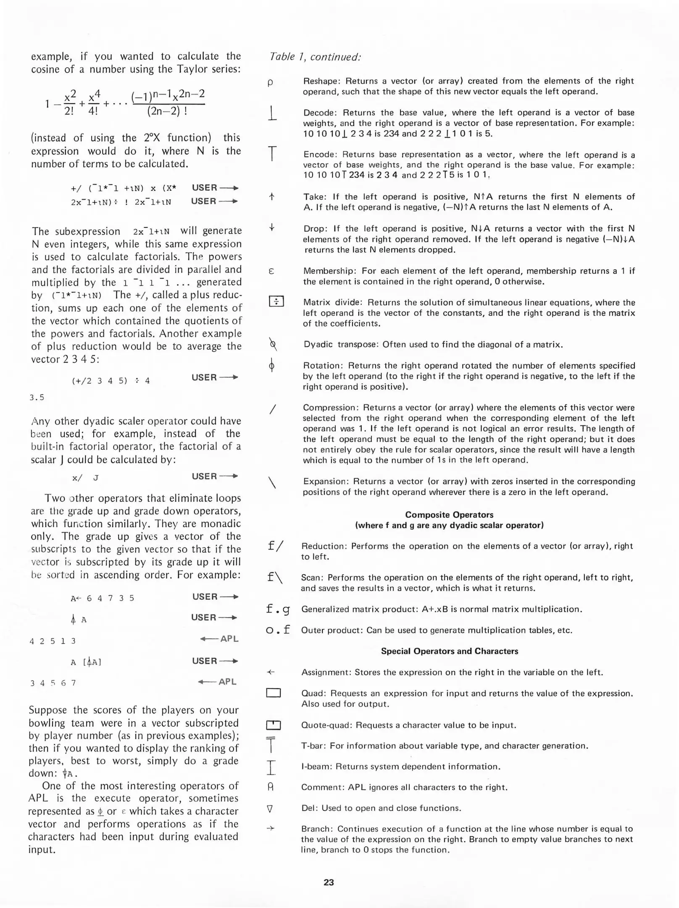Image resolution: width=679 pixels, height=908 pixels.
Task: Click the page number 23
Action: point(329,882)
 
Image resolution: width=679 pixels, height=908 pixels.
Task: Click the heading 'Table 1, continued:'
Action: point(315,57)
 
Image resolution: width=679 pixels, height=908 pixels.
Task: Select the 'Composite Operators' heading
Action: point(449,515)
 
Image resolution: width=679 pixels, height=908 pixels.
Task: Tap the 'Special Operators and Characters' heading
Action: point(449,651)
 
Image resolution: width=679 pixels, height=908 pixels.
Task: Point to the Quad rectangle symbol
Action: point(273,693)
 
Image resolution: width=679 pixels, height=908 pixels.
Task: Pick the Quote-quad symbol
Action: point(273,725)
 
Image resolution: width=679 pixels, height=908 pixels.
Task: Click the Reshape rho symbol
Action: point(270,82)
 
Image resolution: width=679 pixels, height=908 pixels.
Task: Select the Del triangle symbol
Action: point(270,808)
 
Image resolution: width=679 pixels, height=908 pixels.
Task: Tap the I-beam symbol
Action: point(271,767)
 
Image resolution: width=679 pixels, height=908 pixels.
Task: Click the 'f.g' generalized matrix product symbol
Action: point(278,609)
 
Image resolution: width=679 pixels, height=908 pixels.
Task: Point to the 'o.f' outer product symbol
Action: point(278,630)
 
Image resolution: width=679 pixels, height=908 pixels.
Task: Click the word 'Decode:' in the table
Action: point(320,113)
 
